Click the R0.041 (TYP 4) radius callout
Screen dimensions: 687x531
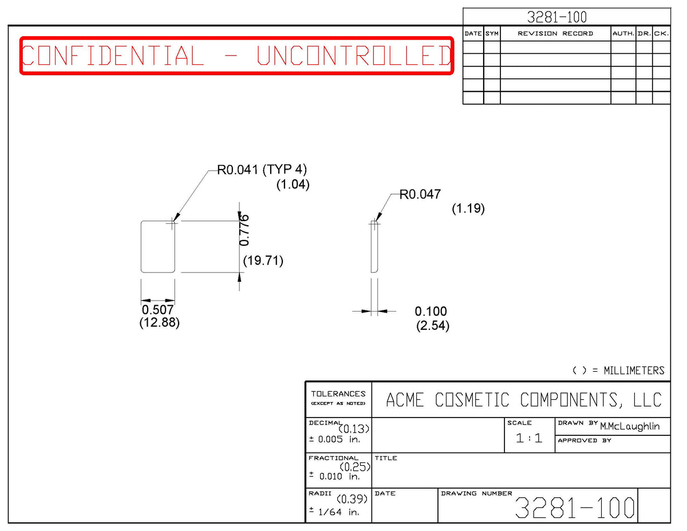pos(262,170)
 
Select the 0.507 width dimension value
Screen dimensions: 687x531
pos(157,310)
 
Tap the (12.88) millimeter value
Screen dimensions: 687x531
pos(159,322)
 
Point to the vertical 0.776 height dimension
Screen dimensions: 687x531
pos(244,230)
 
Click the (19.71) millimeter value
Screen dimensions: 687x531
pos(263,261)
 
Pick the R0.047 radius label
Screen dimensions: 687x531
pos(420,194)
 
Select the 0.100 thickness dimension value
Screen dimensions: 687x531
pos(431,312)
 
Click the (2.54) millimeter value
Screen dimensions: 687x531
pos(432,325)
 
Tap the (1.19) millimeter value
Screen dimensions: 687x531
pos(468,209)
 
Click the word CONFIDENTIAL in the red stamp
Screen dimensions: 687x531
pos(113,56)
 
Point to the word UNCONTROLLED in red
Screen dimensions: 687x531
pos(354,56)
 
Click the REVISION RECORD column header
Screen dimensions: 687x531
pos(555,34)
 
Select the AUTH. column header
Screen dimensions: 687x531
pos(623,34)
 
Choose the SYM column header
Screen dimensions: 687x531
pos(492,34)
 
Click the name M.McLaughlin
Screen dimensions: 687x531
pos(630,427)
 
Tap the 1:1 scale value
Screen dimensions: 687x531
pos(529,438)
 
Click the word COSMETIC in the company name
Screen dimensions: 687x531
pos(472,400)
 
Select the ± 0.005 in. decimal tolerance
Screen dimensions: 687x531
pos(334,439)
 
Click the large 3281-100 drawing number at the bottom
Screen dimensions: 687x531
pos(575,508)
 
